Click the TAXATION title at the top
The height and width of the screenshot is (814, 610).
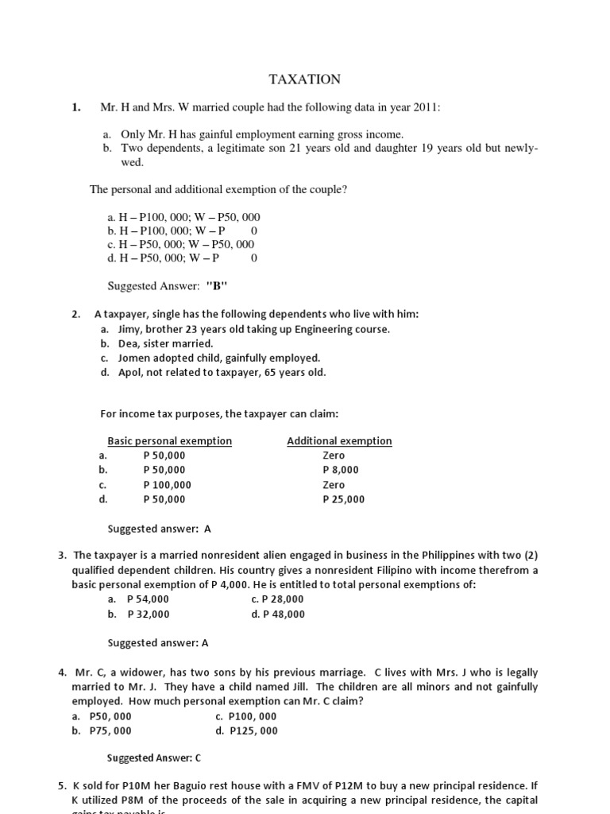(305, 79)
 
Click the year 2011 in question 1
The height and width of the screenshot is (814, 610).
(423, 107)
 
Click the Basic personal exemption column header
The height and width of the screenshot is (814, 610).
(169, 440)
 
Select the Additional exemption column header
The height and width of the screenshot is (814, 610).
(339, 440)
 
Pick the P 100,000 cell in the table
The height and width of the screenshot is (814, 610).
(167, 485)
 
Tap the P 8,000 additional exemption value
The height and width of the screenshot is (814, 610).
(334, 470)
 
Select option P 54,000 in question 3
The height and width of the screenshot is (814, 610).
(148, 599)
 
